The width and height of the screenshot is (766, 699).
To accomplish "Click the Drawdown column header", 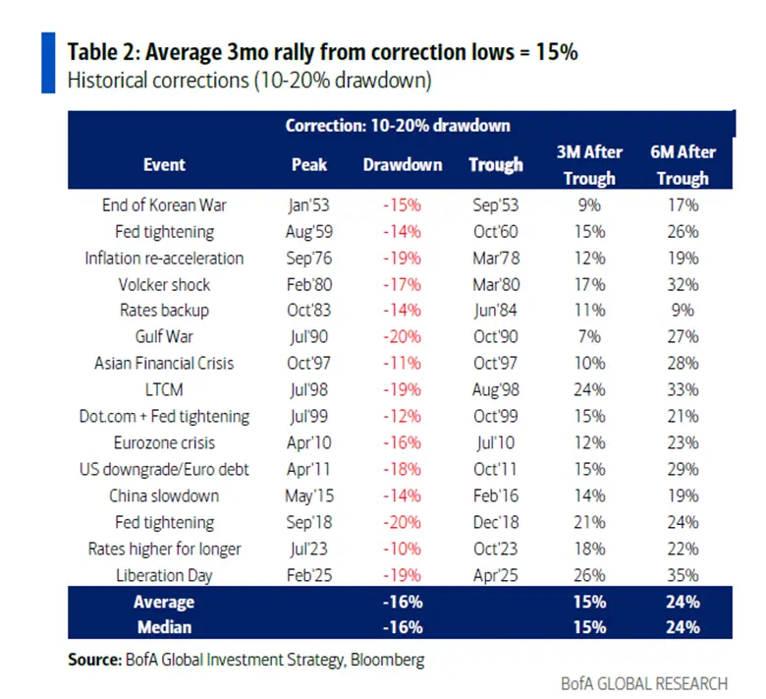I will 403,165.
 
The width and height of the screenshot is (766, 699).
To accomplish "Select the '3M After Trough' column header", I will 590,165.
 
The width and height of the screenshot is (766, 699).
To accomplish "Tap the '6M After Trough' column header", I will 683,165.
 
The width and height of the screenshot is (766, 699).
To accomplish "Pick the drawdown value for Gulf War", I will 403,337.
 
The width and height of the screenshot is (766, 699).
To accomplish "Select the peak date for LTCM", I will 309,390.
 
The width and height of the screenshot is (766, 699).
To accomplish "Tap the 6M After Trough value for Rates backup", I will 683,311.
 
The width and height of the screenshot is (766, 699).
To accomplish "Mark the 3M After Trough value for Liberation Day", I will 590,574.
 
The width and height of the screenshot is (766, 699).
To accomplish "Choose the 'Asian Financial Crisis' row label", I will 164,364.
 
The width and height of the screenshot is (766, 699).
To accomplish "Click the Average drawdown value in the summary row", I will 403,602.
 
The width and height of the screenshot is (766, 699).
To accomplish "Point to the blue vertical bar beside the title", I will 48,63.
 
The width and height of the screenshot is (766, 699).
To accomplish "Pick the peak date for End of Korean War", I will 309,205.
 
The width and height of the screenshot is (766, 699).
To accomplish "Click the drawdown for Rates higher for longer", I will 403,549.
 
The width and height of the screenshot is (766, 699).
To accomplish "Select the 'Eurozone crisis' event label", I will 164,442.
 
